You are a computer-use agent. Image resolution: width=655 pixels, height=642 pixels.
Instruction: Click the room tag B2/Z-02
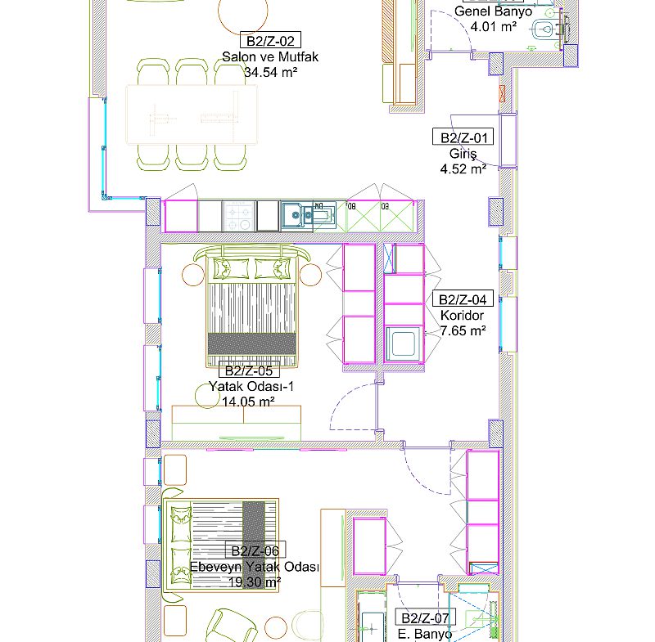click(x=270, y=40)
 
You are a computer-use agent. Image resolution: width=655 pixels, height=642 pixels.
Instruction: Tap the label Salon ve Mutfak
click(x=270, y=56)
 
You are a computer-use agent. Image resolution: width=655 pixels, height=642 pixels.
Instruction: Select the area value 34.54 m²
click(x=270, y=72)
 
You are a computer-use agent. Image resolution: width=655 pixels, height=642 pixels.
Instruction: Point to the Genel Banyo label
click(x=494, y=11)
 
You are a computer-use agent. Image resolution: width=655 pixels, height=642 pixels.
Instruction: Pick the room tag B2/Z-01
click(x=463, y=137)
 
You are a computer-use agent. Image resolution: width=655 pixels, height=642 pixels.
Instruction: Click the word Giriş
click(x=463, y=154)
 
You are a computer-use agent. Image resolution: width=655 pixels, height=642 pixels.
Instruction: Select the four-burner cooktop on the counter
click(x=239, y=216)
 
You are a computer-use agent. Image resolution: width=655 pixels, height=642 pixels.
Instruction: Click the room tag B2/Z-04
click(x=463, y=299)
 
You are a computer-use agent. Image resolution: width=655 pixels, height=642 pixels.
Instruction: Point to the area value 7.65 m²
click(x=463, y=330)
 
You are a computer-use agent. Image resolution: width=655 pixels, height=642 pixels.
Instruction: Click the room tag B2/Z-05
click(x=249, y=370)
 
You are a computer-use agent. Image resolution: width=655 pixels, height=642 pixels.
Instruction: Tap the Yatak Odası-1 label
click(x=251, y=387)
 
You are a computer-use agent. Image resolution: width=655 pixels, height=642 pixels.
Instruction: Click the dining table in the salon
click(x=192, y=114)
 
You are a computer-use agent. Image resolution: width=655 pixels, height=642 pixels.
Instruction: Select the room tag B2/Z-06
click(x=255, y=550)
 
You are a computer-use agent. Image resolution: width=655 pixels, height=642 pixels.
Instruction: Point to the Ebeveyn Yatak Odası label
click(x=255, y=567)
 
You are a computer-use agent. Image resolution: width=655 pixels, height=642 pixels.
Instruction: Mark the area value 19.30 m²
click(x=255, y=582)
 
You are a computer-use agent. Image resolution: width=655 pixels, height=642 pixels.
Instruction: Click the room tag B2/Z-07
click(x=425, y=617)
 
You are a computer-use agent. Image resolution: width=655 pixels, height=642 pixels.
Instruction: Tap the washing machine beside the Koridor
click(x=404, y=343)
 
